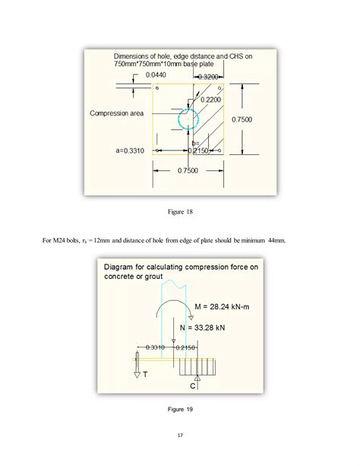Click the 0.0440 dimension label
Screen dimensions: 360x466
coord(135,75)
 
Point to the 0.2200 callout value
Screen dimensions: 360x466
coord(212,100)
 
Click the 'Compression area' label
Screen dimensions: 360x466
coord(118,114)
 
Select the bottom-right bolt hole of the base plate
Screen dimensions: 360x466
coord(219,151)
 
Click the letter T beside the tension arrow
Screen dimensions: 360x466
coord(145,375)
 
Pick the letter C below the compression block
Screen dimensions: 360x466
coord(193,386)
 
